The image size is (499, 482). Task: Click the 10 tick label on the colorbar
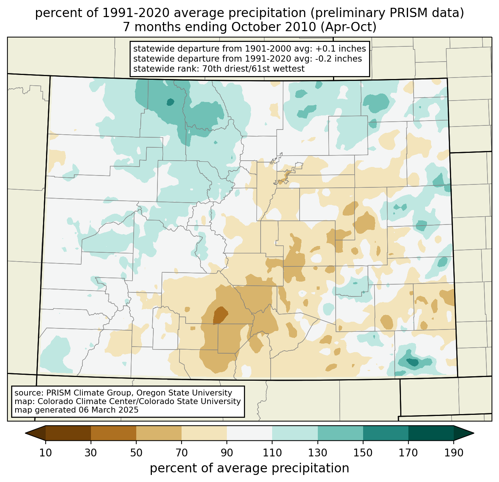pos(46,453)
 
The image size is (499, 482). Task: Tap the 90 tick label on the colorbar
pos(227,453)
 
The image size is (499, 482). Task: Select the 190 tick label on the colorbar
pos(454,453)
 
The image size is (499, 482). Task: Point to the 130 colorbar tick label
pos(318,453)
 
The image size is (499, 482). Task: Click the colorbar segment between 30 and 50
pos(114,433)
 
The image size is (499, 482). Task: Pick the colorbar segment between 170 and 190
pos(431,433)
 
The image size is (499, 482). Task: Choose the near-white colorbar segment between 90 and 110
pos(249,433)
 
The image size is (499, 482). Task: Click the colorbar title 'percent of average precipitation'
pos(249,468)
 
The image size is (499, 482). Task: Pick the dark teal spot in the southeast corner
pos(412,362)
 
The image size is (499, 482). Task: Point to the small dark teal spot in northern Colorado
pos(170,102)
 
